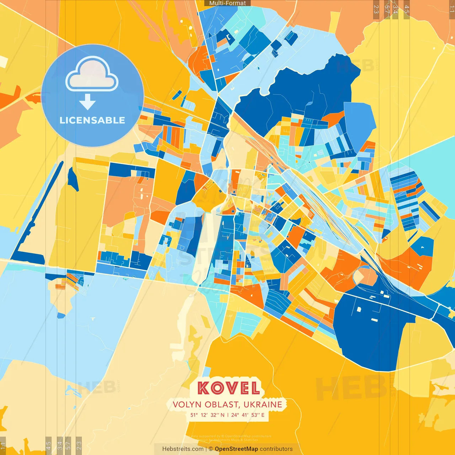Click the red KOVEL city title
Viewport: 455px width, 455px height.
click(x=228, y=388)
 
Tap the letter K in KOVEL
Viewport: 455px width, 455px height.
click(x=203, y=388)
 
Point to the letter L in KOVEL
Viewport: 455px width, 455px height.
click(x=255, y=388)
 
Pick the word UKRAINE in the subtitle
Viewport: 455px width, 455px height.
click(x=263, y=405)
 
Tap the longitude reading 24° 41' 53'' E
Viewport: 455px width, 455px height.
click(x=248, y=415)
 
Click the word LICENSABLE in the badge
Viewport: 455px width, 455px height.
click(x=92, y=120)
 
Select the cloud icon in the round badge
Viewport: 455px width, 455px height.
click(x=92, y=75)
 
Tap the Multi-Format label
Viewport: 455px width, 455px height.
click(x=227, y=3)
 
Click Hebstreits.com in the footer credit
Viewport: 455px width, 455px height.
click(x=183, y=449)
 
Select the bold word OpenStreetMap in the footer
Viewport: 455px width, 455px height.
click(x=236, y=449)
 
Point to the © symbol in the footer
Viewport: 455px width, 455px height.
click(x=210, y=449)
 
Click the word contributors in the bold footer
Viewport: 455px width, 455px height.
click(x=276, y=449)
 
